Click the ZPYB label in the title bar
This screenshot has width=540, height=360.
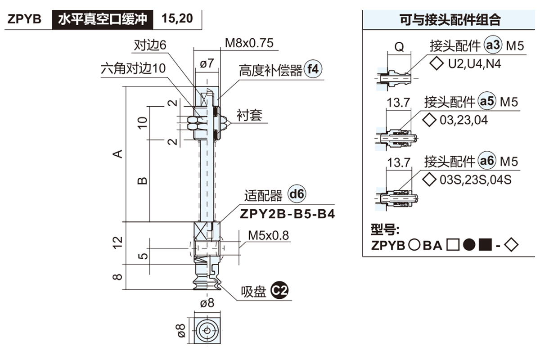[25, 19]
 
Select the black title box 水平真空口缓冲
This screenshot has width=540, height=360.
[102, 19]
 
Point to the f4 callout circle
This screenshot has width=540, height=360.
[314, 69]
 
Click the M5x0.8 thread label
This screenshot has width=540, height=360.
[269, 235]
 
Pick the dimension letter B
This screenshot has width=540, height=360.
[142, 180]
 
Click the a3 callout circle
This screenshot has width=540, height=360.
[493, 45]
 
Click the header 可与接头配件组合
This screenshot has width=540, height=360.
[450, 20]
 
